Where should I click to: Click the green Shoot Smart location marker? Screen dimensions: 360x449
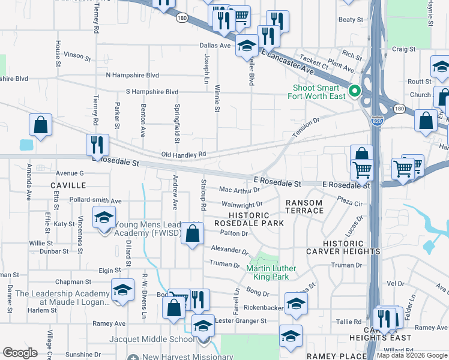(354, 92)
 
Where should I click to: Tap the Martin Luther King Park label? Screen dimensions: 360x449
(268, 272)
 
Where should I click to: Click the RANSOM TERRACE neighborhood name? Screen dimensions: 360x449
(304, 207)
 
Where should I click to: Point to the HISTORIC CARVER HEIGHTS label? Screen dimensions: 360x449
(351, 247)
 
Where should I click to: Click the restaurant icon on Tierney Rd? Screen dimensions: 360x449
(97, 145)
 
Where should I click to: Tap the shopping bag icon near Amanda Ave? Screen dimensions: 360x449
(40, 125)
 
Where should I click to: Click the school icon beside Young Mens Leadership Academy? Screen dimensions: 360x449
(104, 217)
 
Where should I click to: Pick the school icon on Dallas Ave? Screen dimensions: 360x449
(246, 46)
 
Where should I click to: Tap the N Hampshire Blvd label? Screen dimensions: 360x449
(132, 75)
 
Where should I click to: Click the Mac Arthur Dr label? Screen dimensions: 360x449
(240, 190)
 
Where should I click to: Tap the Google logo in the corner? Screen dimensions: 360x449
(20, 353)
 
